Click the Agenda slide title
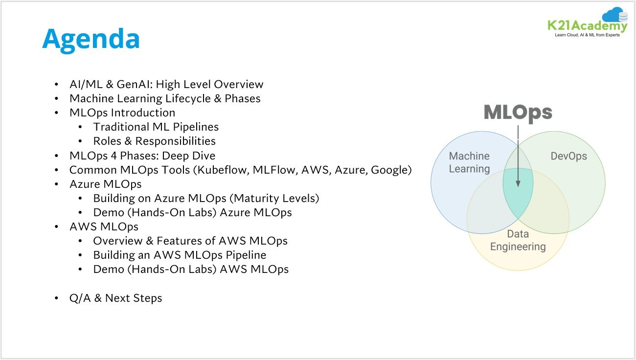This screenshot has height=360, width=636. click(91, 40)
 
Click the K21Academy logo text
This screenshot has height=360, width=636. click(587, 25)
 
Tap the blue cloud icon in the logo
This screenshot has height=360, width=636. click(613, 14)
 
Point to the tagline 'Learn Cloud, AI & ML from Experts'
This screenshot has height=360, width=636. click(587, 35)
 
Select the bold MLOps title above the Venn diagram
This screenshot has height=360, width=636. click(518, 112)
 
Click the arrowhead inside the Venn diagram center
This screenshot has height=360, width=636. click(518, 183)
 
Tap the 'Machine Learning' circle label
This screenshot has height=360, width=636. click(469, 162)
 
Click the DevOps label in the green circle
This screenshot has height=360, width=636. click(568, 156)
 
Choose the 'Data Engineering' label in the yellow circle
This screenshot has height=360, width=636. click(518, 240)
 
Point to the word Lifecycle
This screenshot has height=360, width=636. click(188, 98)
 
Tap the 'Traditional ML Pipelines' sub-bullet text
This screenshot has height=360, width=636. click(156, 127)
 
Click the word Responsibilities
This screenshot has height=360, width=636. click(176, 141)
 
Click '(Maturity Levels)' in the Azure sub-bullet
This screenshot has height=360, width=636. click(274, 198)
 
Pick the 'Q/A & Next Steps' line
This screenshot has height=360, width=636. click(115, 298)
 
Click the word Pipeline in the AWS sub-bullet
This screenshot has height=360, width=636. click(246, 255)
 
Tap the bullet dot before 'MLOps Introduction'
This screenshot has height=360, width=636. click(56, 112)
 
